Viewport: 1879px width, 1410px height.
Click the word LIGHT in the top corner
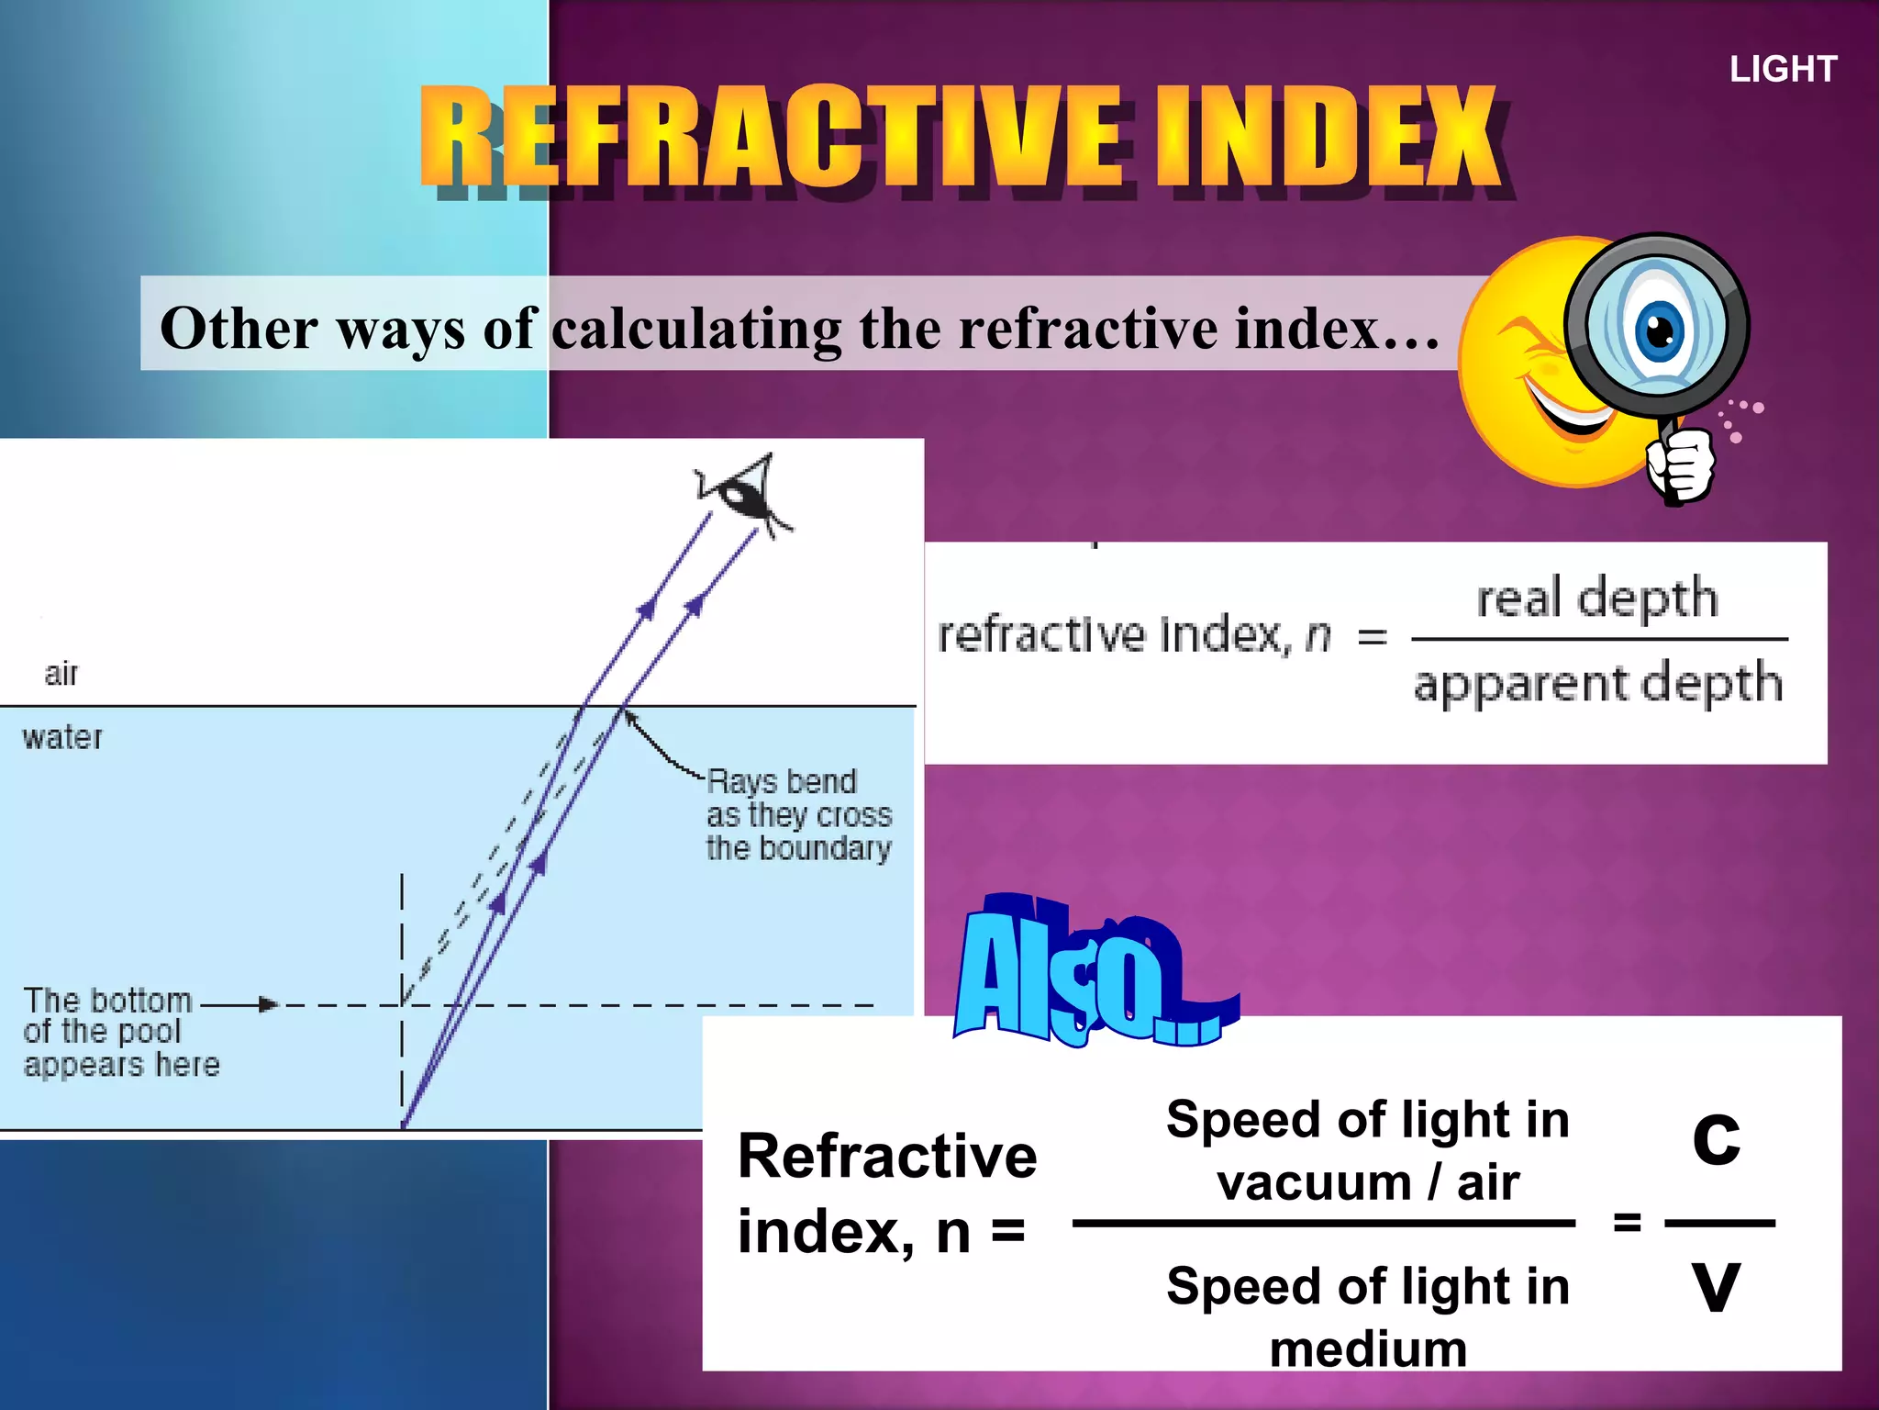1783,70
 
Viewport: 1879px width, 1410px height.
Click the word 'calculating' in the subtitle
697,329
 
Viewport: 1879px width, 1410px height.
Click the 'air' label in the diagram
61,674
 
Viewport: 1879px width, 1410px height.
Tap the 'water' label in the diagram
62,737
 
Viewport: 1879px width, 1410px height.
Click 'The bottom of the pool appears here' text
119,1032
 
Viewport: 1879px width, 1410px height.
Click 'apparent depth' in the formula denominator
1597,684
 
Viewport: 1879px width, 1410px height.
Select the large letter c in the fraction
1716,1138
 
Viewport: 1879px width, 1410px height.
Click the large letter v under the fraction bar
1716,1285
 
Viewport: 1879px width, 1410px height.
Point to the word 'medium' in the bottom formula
1368,1349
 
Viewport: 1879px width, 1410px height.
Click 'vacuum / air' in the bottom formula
1368,1182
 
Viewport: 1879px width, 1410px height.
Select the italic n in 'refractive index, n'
1318,635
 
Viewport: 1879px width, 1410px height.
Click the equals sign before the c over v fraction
1627,1222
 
